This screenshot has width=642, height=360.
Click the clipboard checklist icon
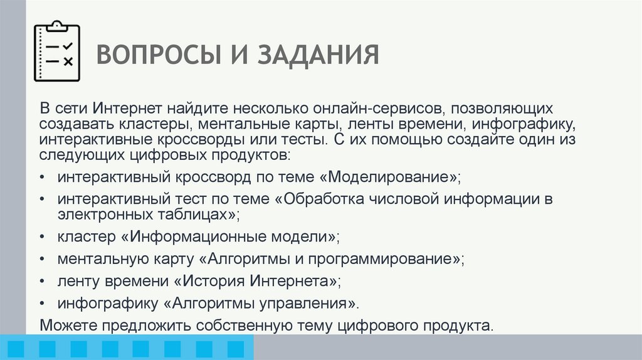click(x=56, y=51)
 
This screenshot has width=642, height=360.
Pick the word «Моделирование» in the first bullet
click(x=392, y=177)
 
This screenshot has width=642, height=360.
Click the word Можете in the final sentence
click(x=66, y=326)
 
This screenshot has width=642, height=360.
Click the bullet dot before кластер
click(x=41, y=238)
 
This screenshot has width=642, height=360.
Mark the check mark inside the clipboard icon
click(x=68, y=47)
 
